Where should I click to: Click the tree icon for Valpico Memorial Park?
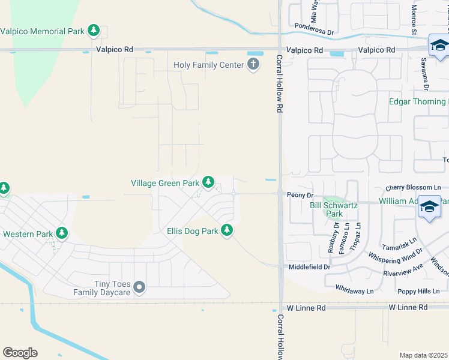pos(93,30)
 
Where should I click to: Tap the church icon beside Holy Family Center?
pos(253,64)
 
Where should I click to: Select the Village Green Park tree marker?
pos(208,182)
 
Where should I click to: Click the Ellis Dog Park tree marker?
pos(226,230)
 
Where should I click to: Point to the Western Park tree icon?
pos(61,233)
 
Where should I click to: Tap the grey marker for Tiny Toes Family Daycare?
pos(139,288)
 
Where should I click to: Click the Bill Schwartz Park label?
pos(334,209)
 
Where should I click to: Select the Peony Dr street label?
pos(300,195)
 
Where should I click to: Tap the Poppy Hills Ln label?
pos(420,291)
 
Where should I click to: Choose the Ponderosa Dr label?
pos(313,26)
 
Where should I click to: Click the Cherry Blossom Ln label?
pos(409,187)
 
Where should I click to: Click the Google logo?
pos(20,353)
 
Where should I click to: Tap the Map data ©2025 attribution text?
pos(423,355)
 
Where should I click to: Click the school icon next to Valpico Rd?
pos(439,45)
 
